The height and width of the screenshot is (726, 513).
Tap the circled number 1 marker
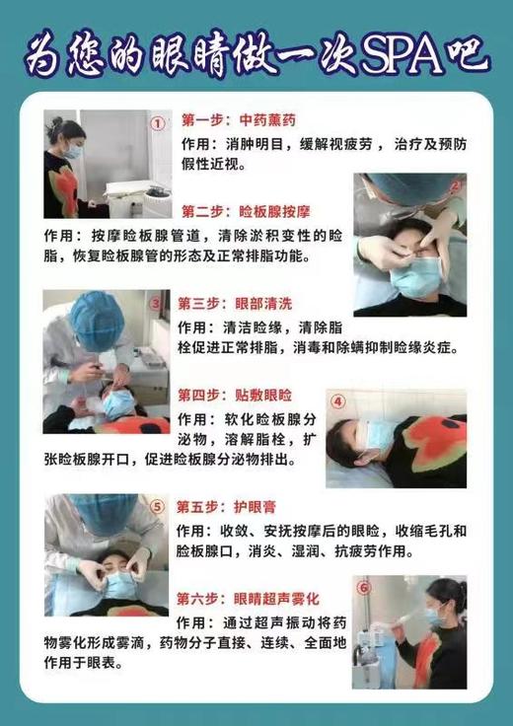(158, 123)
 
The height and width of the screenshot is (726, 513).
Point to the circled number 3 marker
(155, 304)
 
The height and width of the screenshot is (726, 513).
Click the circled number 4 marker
(337, 401)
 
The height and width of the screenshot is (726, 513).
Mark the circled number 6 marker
(364, 590)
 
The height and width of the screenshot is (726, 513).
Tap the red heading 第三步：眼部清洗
(224, 304)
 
